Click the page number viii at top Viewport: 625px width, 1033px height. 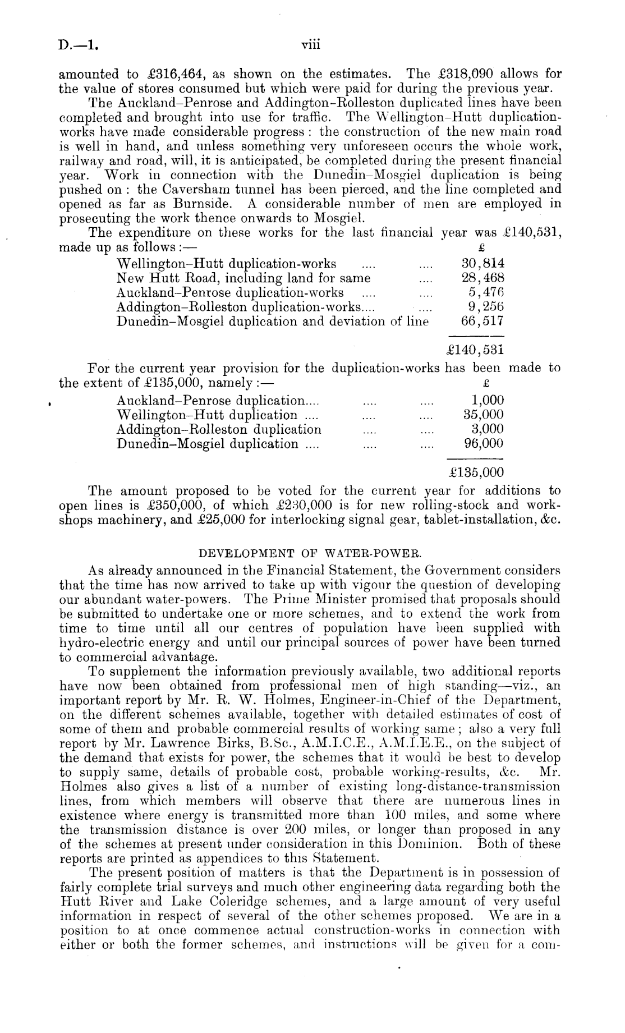click(x=310, y=44)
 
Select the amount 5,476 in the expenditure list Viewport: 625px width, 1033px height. click(x=486, y=293)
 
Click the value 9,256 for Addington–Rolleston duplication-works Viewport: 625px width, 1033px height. click(x=486, y=307)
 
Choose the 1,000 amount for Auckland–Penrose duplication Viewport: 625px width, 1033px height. click(x=486, y=400)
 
